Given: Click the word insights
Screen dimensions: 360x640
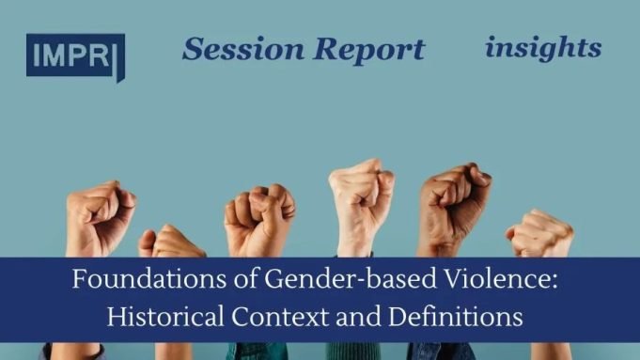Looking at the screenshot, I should click(x=543, y=47).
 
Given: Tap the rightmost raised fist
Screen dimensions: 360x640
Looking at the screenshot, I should click(x=540, y=235).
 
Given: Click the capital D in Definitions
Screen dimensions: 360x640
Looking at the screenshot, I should click(x=403, y=317).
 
